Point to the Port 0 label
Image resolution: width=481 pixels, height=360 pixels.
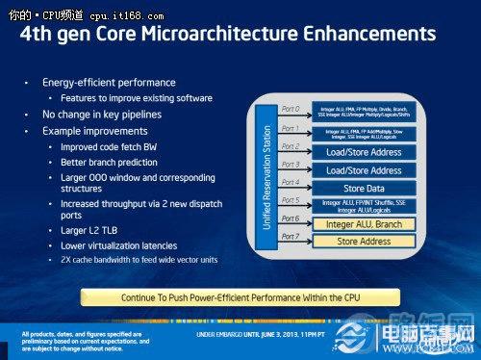pyautogui.click(x=289, y=109)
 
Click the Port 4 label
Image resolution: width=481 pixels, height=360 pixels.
pyautogui.click(x=289, y=182)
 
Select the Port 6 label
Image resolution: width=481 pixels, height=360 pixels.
pyautogui.click(x=289, y=219)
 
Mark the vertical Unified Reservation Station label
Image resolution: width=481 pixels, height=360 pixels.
pyautogui.click(x=265, y=176)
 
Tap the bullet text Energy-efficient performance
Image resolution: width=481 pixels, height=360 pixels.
pyautogui.click(x=109, y=84)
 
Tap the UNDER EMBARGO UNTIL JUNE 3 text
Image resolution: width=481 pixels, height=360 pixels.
pyautogui.click(x=274, y=334)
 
